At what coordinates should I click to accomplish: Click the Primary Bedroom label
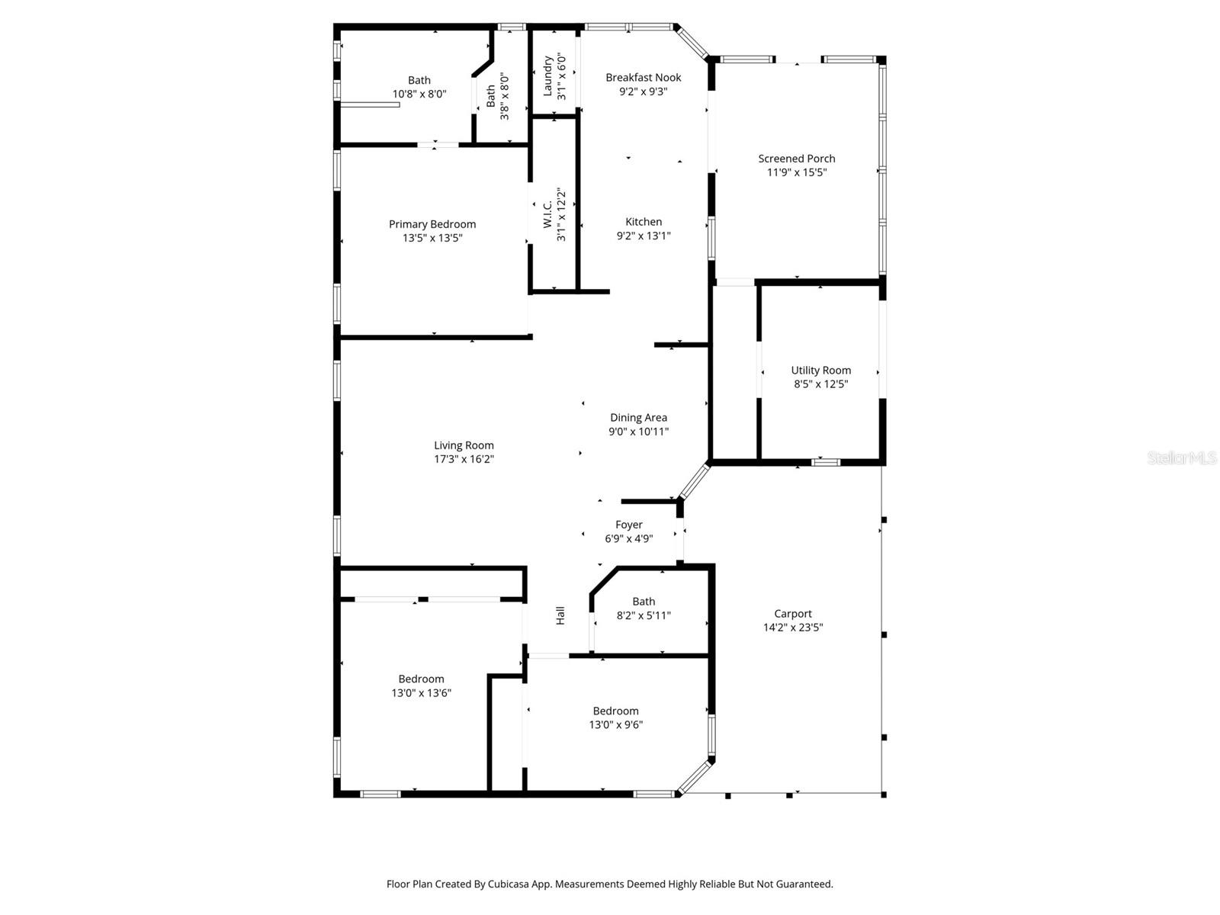[x=432, y=224]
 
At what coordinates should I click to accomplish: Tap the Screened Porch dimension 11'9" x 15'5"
[x=797, y=172]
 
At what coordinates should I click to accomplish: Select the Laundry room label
[x=547, y=76]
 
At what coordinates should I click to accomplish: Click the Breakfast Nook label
[x=644, y=77]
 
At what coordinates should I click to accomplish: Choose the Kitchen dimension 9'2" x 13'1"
[x=644, y=236]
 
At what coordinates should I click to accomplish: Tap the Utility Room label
[x=820, y=371]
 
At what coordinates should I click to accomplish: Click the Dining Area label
[x=638, y=417]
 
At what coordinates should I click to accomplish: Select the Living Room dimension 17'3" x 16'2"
[x=464, y=459]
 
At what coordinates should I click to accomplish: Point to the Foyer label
[x=629, y=525]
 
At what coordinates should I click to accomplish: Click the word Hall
[x=560, y=615]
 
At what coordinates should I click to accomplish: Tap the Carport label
[x=793, y=614]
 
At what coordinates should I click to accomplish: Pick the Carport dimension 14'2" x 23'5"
[x=793, y=628]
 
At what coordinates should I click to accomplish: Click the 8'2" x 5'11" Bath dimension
[x=644, y=615]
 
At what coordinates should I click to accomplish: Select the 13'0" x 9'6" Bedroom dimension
[x=615, y=725]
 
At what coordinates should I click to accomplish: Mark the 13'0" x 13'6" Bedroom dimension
[x=421, y=693]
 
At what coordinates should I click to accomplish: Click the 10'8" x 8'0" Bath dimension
[x=419, y=94]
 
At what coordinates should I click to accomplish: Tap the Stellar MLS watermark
[x=1181, y=457]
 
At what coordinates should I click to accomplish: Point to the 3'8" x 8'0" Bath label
[x=491, y=95]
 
